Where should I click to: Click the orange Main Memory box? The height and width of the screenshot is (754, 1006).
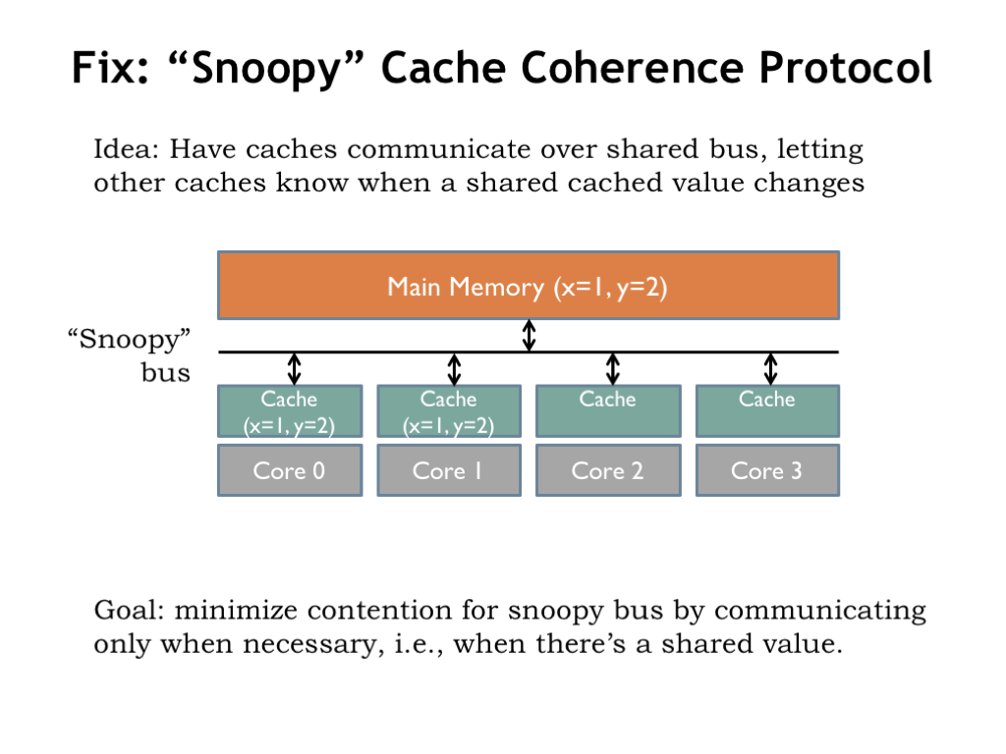click(x=529, y=286)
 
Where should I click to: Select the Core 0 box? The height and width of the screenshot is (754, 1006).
click(x=290, y=470)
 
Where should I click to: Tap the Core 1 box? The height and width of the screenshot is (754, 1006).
click(x=449, y=470)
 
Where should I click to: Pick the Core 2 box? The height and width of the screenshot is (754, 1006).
click(x=608, y=470)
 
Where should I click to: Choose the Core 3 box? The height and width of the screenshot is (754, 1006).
click(x=767, y=470)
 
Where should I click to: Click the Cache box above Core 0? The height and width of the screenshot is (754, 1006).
click(x=290, y=411)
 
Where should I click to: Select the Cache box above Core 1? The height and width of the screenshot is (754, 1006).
click(x=449, y=411)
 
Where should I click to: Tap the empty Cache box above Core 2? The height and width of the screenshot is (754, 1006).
click(x=608, y=411)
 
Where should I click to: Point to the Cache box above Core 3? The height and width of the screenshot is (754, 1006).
click(x=767, y=411)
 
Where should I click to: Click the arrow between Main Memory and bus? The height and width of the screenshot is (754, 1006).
click(x=529, y=336)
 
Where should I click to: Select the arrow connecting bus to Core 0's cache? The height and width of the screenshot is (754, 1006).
click(x=294, y=369)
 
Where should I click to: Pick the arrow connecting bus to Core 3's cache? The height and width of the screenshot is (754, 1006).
click(x=770, y=369)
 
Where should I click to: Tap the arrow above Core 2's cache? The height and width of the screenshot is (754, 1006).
click(x=613, y=369)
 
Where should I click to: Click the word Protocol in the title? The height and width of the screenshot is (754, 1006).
click(x=846, y=68)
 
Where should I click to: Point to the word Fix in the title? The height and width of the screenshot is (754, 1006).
click(x=110, y=68)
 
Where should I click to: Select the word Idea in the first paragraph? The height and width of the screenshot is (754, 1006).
click(x=125, y=149)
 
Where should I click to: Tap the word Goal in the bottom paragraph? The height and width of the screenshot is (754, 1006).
click(x=130, y=610)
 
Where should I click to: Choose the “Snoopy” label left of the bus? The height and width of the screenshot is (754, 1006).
click(x=130, y=339)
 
